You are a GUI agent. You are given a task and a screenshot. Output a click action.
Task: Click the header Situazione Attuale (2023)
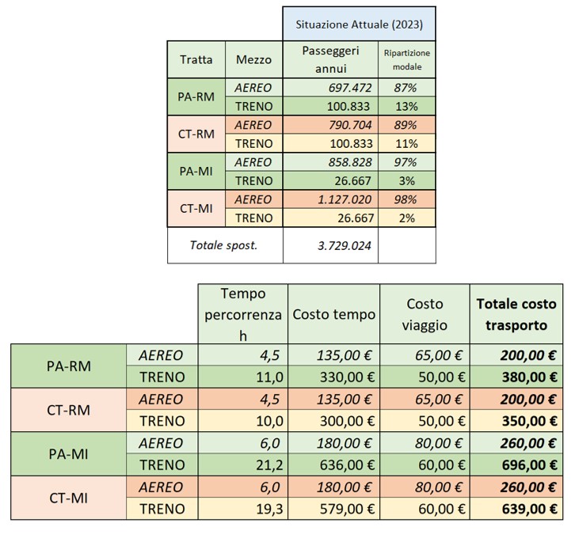[x=359, y=24]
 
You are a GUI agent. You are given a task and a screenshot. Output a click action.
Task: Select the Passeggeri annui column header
[x=331, y=59]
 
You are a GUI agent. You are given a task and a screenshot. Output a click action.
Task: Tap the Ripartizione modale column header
[x=407, y=59]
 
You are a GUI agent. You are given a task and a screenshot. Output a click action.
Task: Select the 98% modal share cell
[x=406, y=199]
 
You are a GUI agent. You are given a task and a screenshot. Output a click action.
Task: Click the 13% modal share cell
[x=406, y=106]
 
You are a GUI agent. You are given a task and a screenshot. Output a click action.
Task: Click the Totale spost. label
[x=224, y=245]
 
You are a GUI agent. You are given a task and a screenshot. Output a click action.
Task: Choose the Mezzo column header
[x=253, y=59]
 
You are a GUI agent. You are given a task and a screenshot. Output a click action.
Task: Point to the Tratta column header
[x=196, y=59]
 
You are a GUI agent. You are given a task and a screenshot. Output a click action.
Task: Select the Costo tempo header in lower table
[x=333, y=314]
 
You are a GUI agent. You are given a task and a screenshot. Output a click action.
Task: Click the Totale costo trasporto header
[x=516, y=314]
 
